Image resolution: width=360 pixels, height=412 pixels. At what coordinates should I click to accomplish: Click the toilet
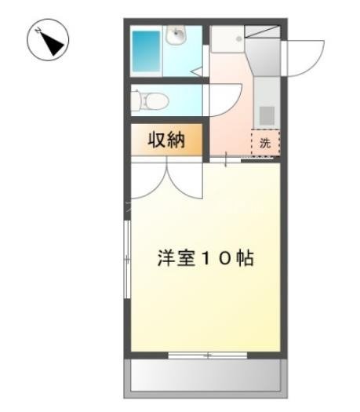click(149, 100)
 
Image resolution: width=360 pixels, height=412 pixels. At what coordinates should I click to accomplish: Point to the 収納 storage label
click(166, 141)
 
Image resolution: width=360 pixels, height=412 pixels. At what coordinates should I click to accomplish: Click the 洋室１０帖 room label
click(203, 258)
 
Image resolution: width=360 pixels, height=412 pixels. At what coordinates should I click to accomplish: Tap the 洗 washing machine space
click(265, 144)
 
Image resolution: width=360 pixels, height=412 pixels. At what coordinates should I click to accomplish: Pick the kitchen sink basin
click(267, 115)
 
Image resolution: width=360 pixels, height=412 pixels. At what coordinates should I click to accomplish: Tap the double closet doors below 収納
click(166, 179)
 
